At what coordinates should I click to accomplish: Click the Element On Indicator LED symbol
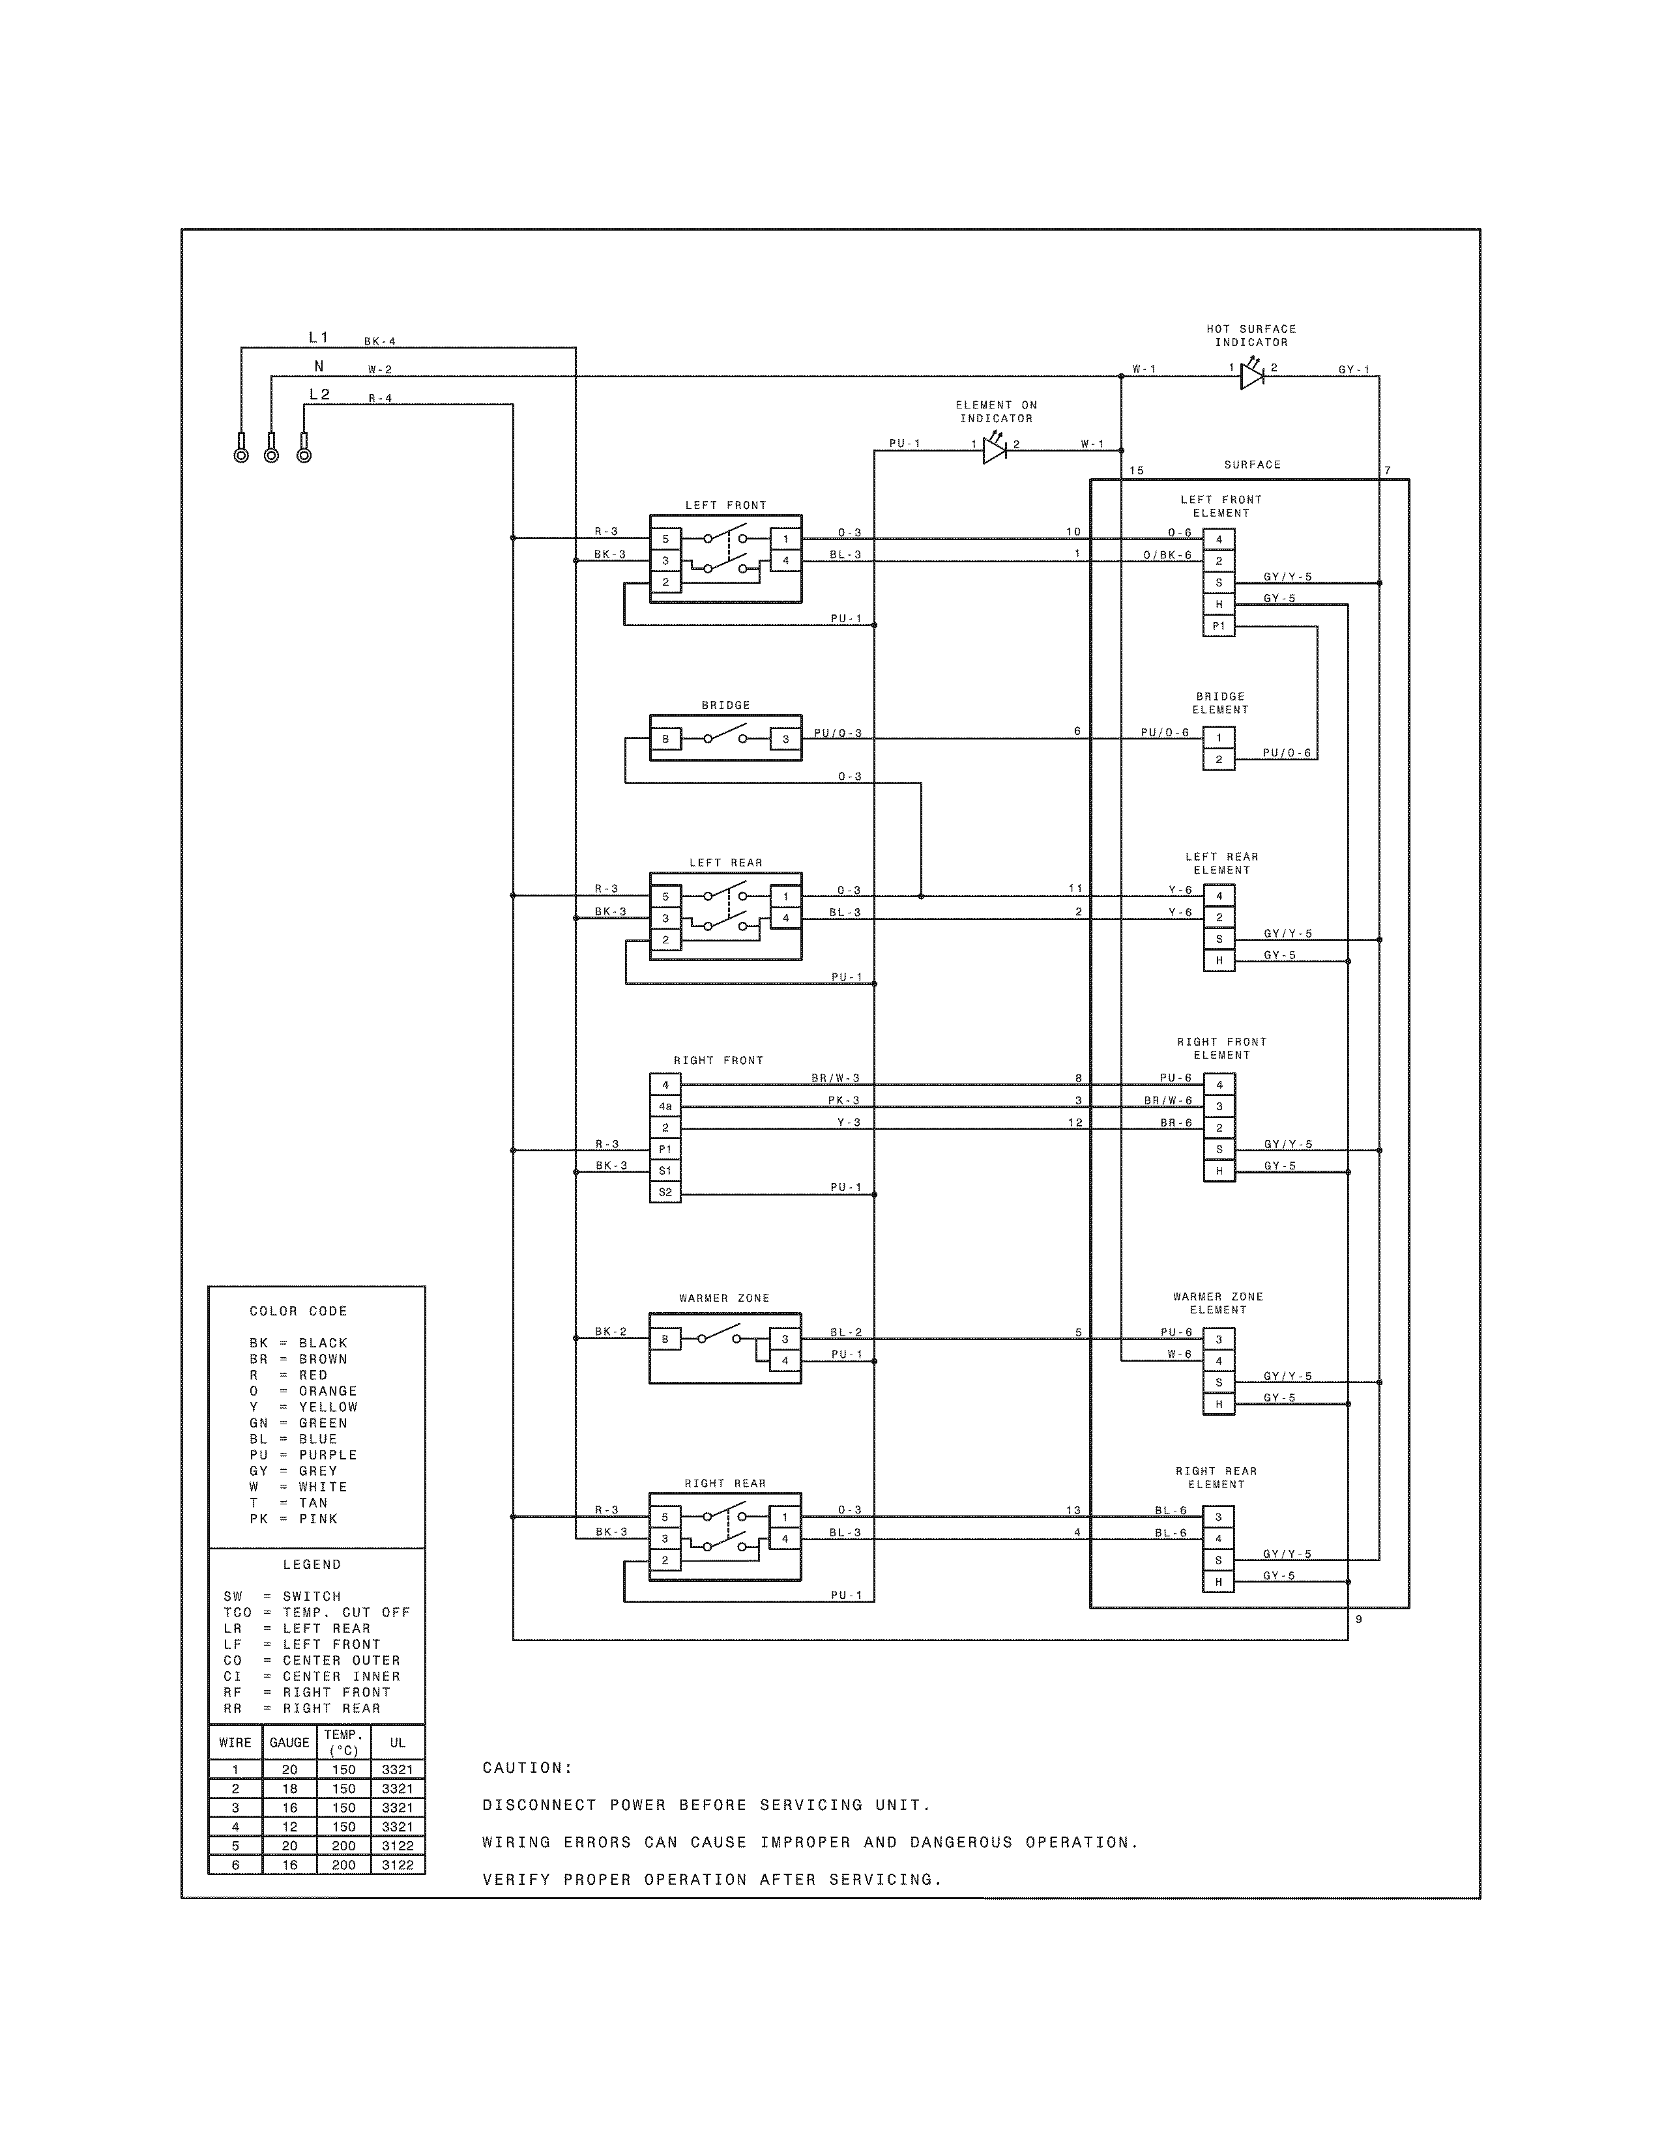pos(995,451)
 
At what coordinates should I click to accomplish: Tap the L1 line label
pos(318,337)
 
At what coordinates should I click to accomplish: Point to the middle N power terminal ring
pos(272,454)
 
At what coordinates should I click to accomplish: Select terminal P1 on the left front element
pos(1219,626)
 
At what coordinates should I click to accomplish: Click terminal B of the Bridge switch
pos(665,739)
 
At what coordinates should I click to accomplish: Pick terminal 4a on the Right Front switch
pos(665,1106)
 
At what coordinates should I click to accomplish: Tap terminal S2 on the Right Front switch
pos(665,1193)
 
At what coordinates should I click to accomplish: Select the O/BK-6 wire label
pos(1167,555)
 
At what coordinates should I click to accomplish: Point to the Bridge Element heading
pos(1220,703)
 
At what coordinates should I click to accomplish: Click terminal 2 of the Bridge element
pos(1219,759)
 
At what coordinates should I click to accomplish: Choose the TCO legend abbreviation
pos(237,1612)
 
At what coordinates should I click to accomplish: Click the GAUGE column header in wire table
pos(289,1742)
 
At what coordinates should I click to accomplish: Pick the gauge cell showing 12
pos(289,1826)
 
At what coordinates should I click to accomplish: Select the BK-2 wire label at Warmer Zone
pos(611,1332)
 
